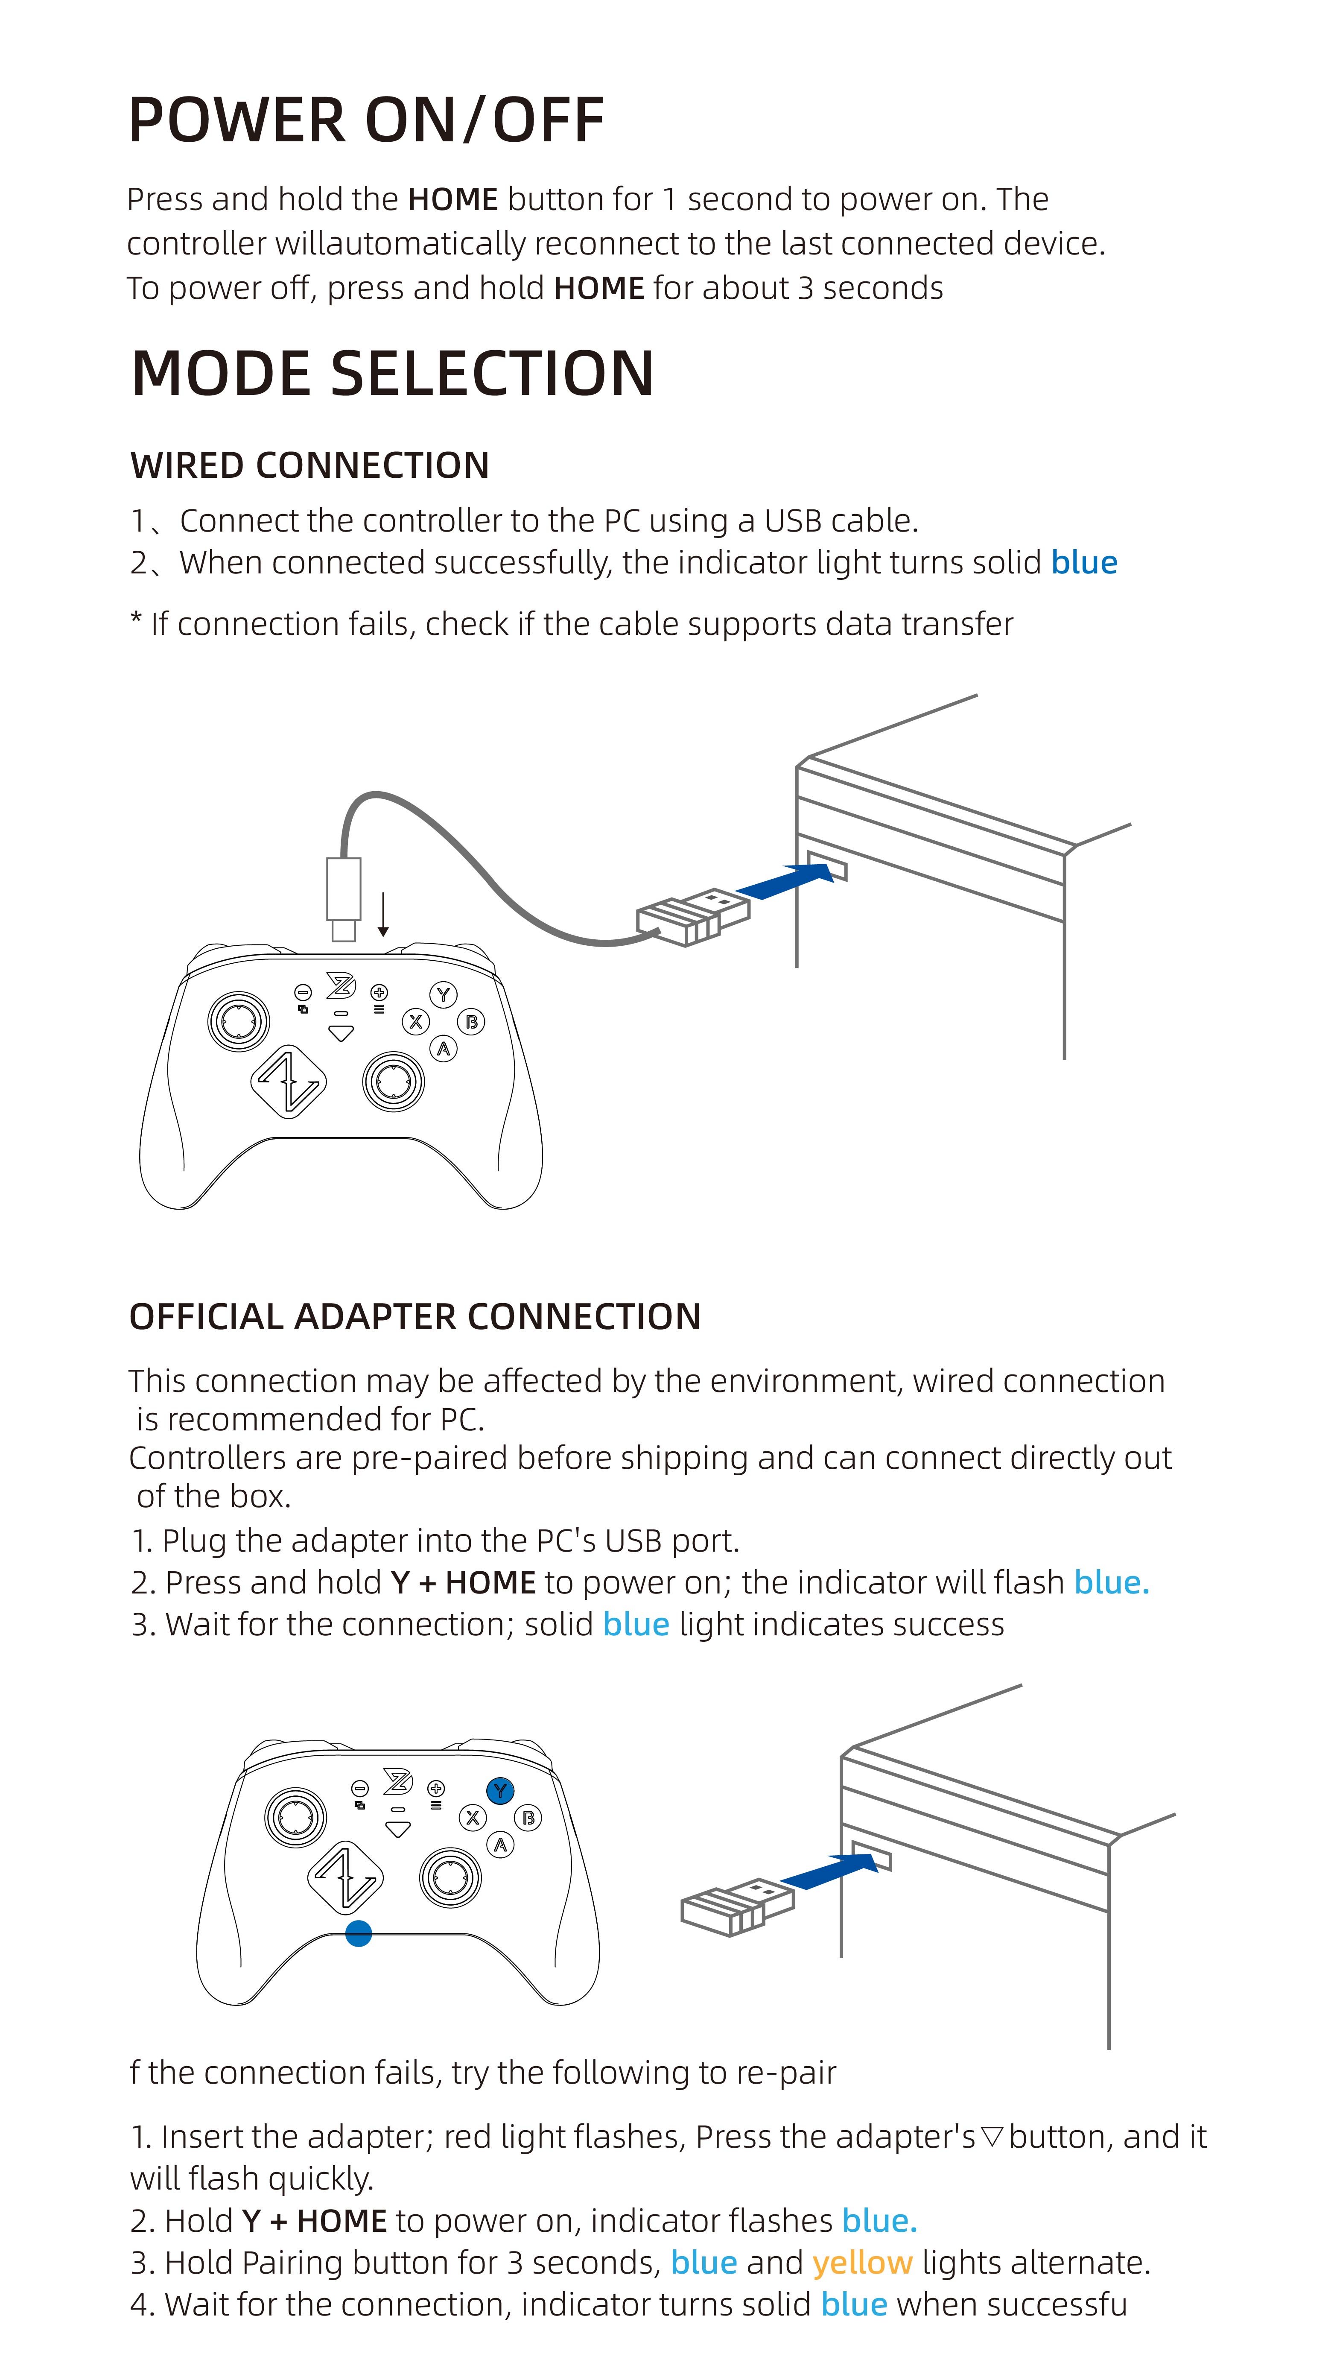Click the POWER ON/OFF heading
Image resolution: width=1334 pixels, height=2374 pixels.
pos(366,121)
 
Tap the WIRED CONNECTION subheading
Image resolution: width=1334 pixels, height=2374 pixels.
pos(309,465)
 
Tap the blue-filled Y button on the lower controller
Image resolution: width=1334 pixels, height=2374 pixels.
pos(500,1791)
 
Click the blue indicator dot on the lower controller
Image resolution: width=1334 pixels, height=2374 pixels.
pos(359,1933)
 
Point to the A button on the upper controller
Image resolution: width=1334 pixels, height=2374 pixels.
pos(444,1049)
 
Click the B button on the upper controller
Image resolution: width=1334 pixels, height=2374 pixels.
pos(472,1021)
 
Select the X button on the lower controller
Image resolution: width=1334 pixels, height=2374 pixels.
pos(473,1817)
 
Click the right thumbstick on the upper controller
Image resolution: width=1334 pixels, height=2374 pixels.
pos(394,1081)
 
